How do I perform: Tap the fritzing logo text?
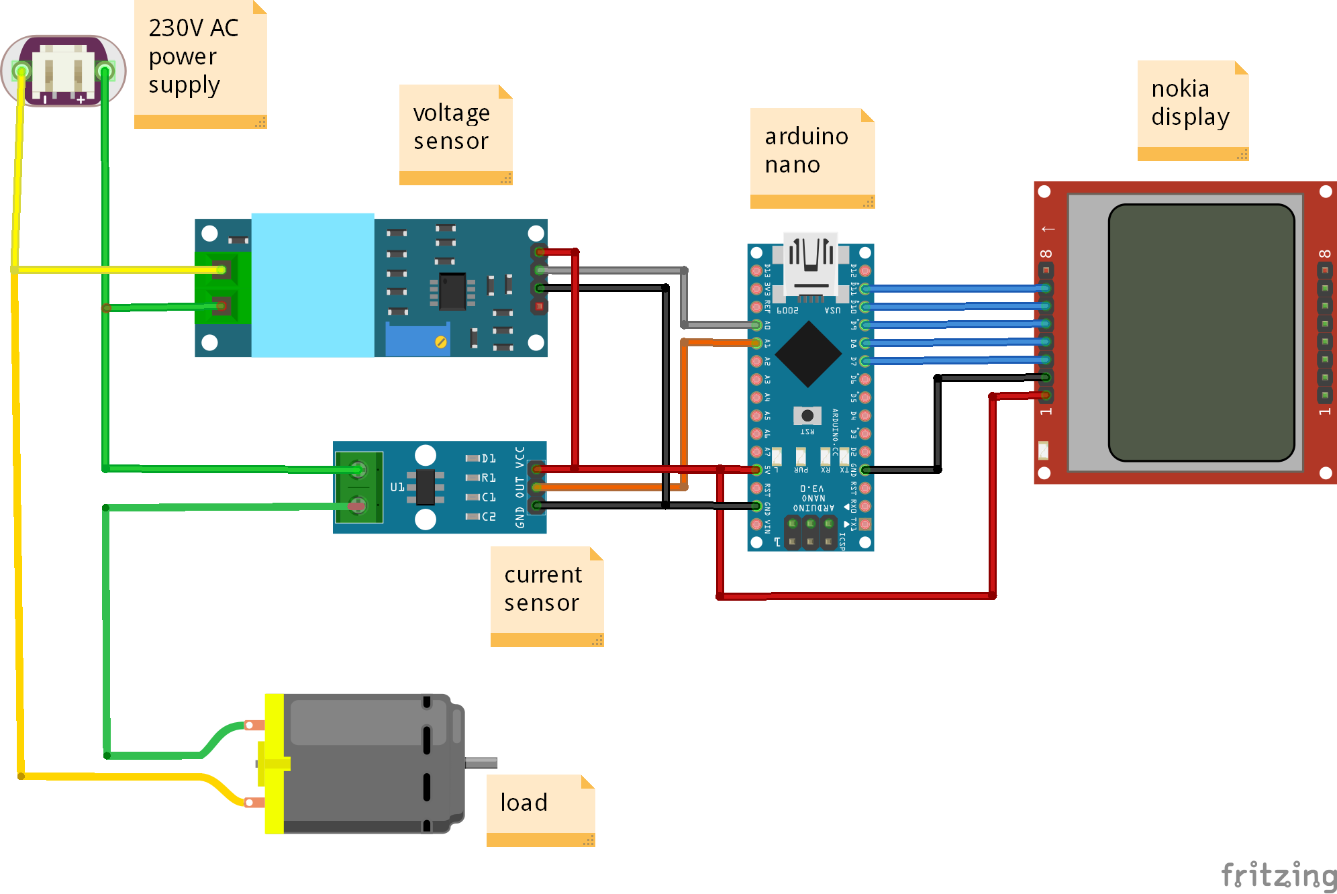coord(1278,876)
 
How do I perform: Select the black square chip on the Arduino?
coord(809,354)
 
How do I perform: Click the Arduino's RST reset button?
coord(807,415)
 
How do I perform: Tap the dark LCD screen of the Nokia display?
coord(1201,333)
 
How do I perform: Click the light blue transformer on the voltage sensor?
coord(313,285)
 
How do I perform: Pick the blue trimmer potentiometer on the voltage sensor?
coord(417,340)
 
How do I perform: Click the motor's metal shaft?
coord(481,762)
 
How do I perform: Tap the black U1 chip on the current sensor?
coord(426,487)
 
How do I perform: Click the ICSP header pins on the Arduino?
coord(810,533)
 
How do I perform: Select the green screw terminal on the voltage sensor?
coord(223,288)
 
